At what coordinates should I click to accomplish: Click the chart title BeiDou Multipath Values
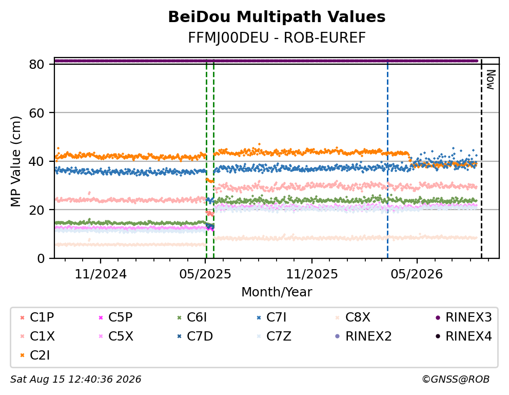(x=277, y=17)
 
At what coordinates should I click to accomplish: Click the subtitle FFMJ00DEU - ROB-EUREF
(x=277, y=38)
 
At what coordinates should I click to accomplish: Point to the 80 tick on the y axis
(x=36, y=64)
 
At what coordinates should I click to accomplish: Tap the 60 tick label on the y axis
(x=36, y=112)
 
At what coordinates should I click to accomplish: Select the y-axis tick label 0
(x=41, y=258)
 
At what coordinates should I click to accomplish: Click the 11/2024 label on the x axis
(x=101, y=274)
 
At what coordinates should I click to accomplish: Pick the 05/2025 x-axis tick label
(x=205, y=274)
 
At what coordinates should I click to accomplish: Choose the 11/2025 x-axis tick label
(x=311, y=274)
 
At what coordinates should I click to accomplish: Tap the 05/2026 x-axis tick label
(x=417, y=274)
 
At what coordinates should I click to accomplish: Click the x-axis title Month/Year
(x=277, y=292)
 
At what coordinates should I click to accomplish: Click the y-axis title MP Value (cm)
(x=15, y=161)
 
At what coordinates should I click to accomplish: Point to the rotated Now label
(x=491, y=80)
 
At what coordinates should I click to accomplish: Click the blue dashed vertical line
(x=387, y=159)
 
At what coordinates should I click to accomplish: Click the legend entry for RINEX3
(x=463, y=317)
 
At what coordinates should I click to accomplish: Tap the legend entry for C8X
(x=353, y=317)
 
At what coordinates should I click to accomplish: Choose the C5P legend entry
(x=115, y=317)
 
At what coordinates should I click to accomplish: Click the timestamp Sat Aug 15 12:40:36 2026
(x=75, y=380)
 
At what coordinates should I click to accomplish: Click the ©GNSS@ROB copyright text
(x=456, y=380)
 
